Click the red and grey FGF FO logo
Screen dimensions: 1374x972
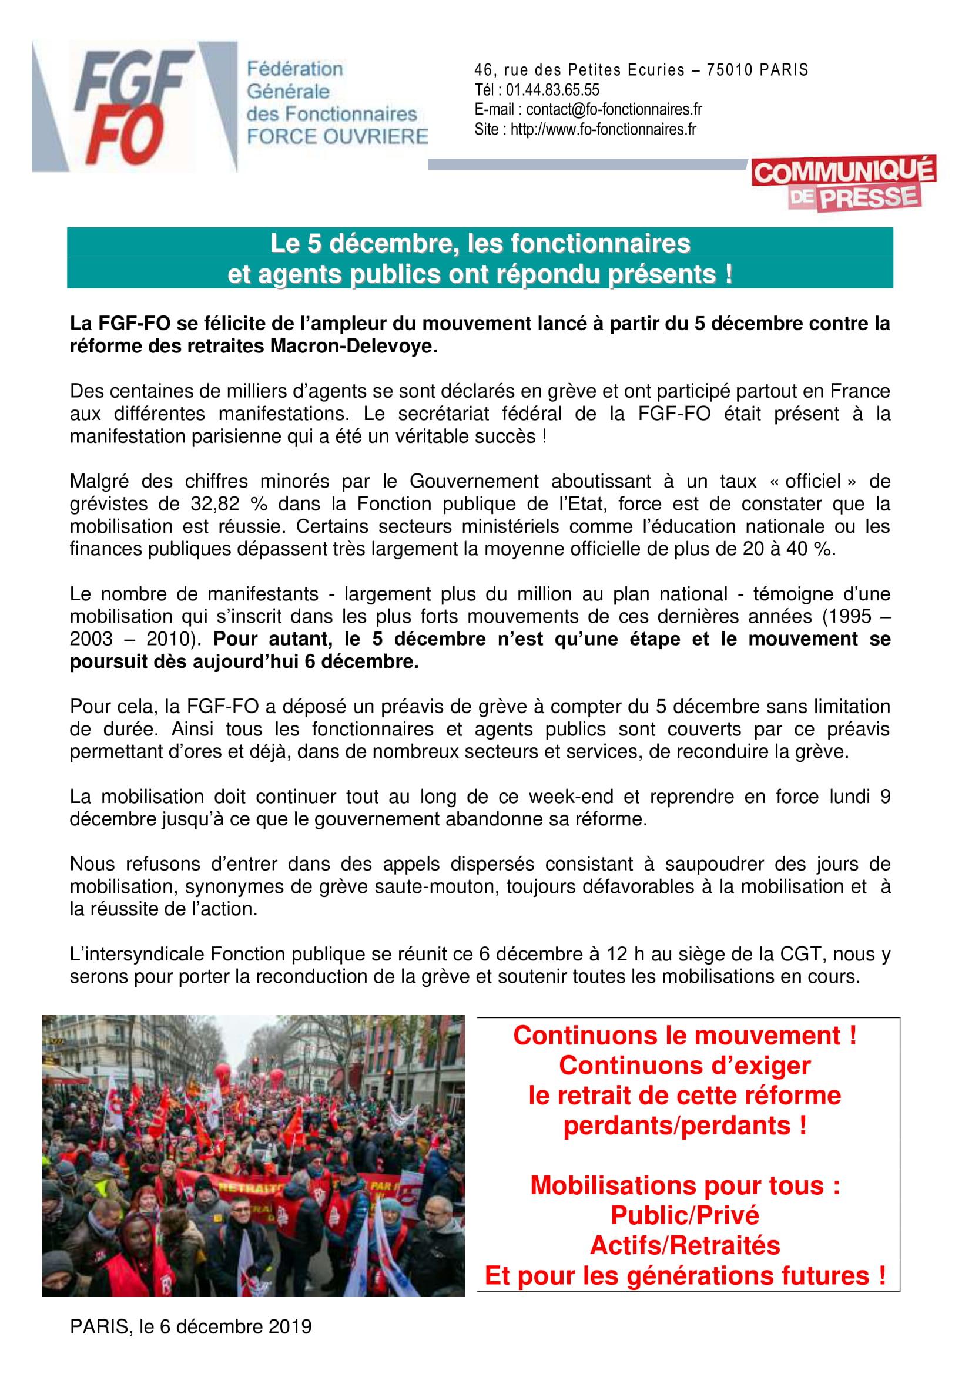click(135, 106)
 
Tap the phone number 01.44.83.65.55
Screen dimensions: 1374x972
click(552, 90)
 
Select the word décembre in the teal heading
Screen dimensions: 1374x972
click(388, 244)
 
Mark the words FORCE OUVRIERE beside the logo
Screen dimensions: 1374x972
click(337, 137)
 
